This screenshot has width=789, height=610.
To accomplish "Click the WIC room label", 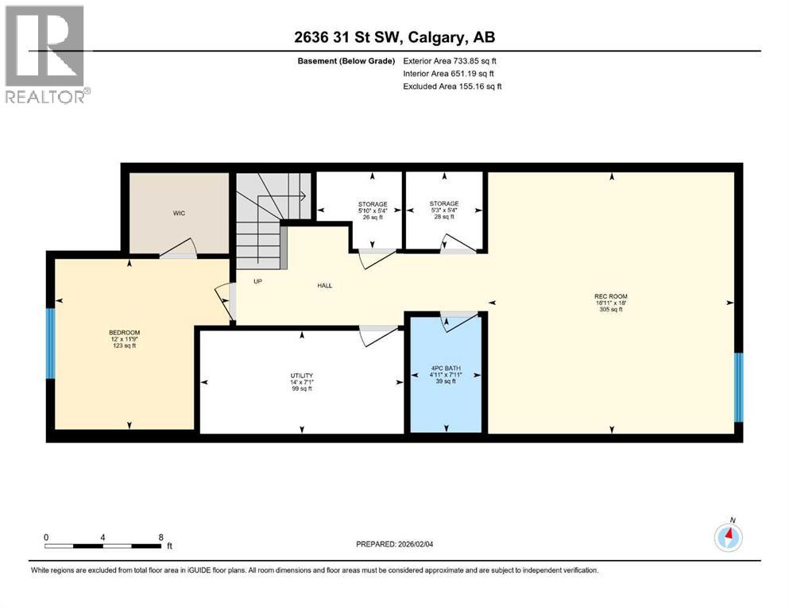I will pos(180,214).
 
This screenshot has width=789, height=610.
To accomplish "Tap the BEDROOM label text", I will pos(124,332).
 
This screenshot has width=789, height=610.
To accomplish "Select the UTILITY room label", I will pos(301,375).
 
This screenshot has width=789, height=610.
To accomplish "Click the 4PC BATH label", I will pos(446,369).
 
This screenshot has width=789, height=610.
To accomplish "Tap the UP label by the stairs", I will pos(257,281).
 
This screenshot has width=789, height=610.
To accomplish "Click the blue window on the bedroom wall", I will pos(51,343).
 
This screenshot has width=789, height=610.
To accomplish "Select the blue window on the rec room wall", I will pos(738,387).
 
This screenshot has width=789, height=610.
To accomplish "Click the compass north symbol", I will pos(728,537).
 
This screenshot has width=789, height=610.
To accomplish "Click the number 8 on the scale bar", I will pos(162,537).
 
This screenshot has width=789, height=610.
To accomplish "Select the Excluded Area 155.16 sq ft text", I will pos(452,86).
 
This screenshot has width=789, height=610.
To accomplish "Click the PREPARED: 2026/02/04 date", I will pos(406,544).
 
